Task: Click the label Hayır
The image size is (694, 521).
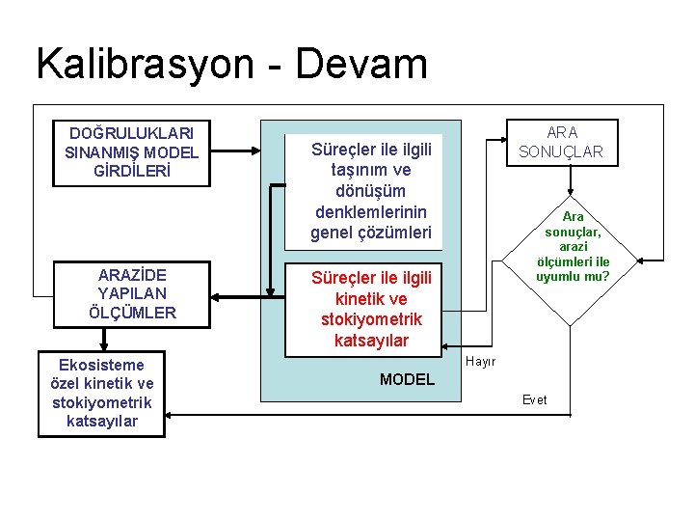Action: click(x=480, y=362)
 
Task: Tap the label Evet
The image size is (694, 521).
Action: click(x=534, y=399)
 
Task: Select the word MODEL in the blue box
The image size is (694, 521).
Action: click(x=407, y=379)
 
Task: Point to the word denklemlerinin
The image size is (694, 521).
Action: click(x=371, y=211)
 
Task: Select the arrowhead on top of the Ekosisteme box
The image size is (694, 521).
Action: click(x=102, y=344)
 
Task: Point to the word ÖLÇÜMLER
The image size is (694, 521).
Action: click(x=132, y=313)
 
